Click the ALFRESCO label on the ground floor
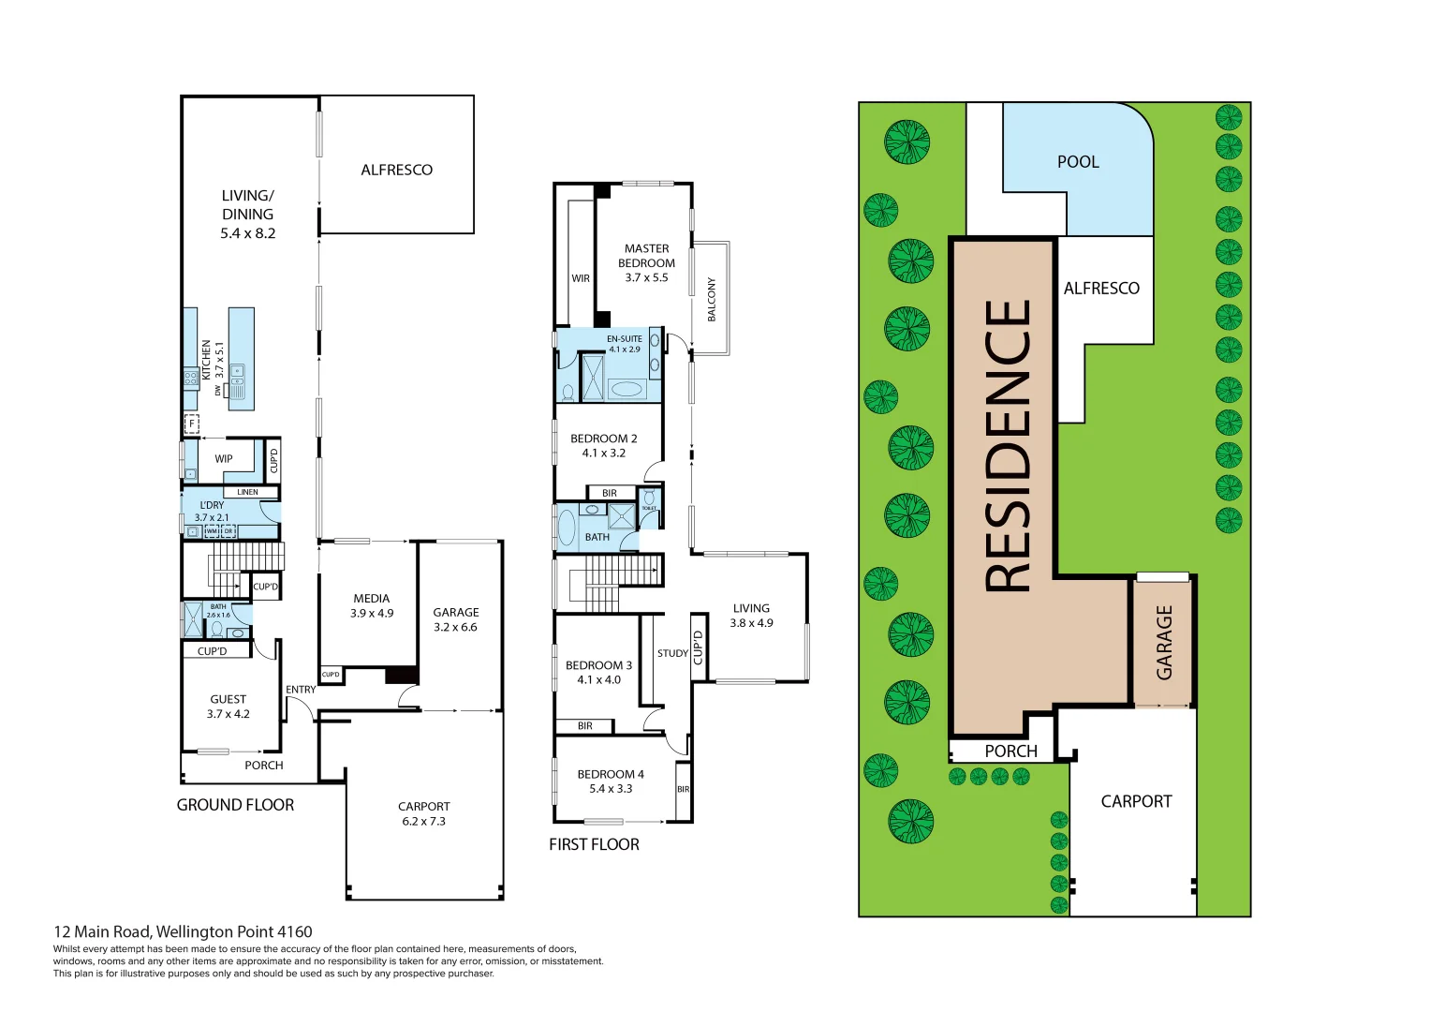pos(396,170)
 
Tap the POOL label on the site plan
pos(1078,162)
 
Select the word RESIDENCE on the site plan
pos(1008,445)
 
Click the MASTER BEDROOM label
pos(646,256)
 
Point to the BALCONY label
pos(711,299)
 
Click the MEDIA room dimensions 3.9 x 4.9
pos(372,614)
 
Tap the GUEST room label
pos(229,699)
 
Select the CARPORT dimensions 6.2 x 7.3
pos(423,822)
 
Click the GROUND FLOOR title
pos(235,805)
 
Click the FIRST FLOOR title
pos(594,844)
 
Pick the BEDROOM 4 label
pos(611,774)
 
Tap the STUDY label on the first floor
pos(672,653)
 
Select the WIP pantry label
pos(224,459)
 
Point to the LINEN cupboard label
pos(247,492)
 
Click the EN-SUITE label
pos(625,339)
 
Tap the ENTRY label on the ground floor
pos(301,690)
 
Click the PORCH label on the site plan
pos(1010,752)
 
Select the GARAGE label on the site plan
pos(1164,642)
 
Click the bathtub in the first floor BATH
pos(567,528)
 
